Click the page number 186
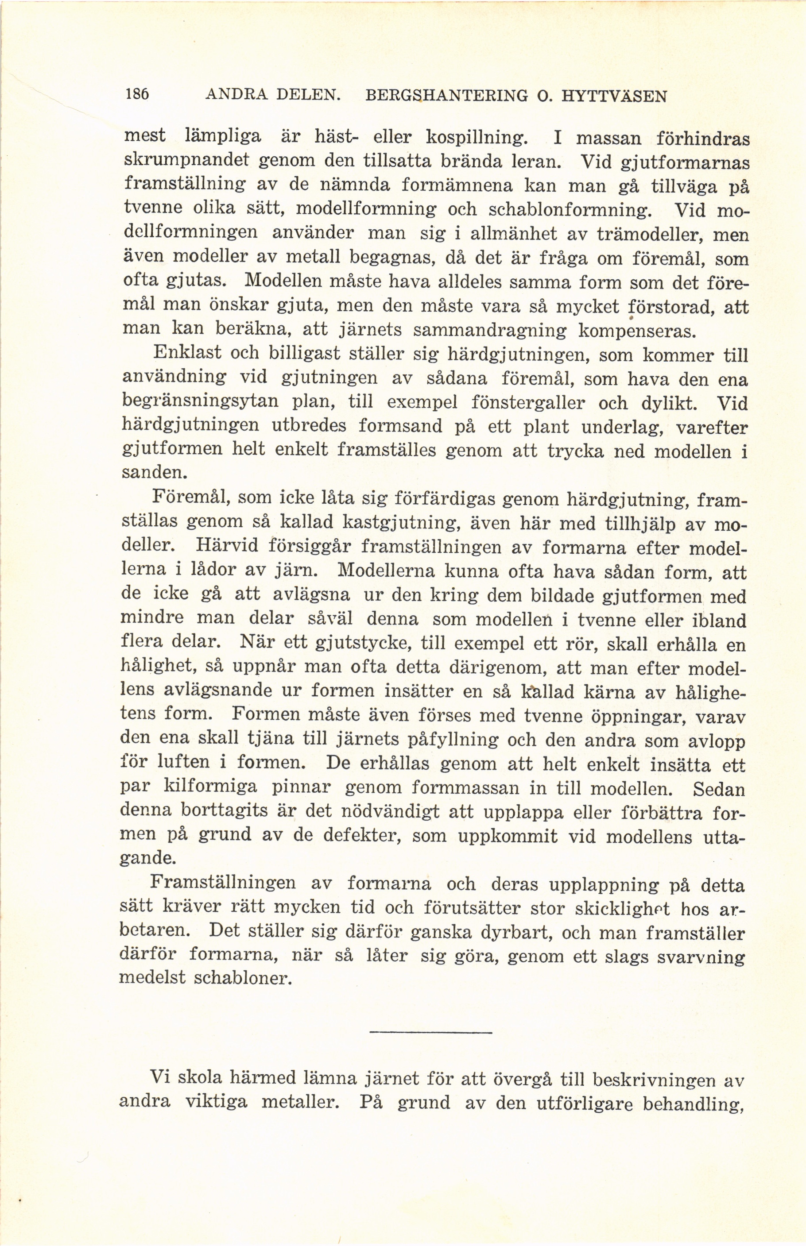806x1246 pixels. pyautogui.click(x=138, y=94)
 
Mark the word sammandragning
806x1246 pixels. pyautogui.click(x=489, y=331)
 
